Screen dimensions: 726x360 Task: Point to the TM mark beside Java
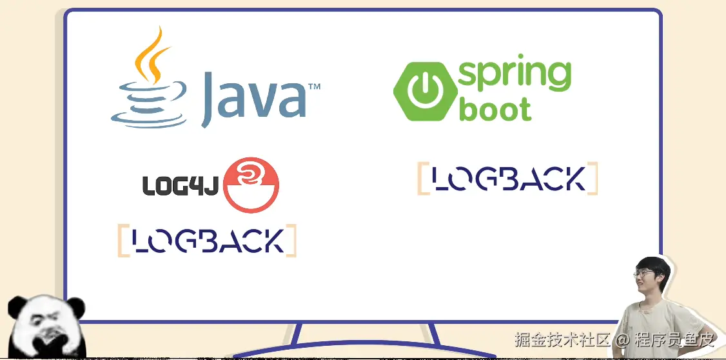(x=314, y=86)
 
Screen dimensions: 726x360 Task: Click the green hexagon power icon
(x=423, y=92)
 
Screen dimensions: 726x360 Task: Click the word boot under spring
(x=495, y=110)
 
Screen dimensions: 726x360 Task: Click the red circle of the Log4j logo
(x=251, y=184)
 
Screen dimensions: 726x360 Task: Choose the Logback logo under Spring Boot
(x=508, y=179)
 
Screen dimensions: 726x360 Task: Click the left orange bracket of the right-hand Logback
(x=422, y=179)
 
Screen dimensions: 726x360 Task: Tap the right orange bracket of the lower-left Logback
(x=291, y=241)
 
